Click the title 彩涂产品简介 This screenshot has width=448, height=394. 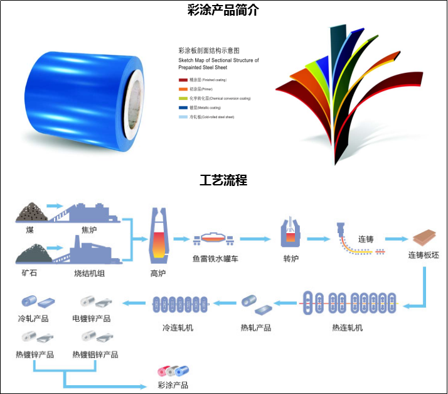(x=223, y=10)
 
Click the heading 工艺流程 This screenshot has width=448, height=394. (x=223, y=180)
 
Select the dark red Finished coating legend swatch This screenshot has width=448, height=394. (x=183, y=80)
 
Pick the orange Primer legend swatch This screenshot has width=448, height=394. (x=183, y=90)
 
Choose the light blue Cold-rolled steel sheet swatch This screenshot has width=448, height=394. (x=183, y=117)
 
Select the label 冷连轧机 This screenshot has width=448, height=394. (x=178, y=327)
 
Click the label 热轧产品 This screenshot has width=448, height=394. (x=255, y=327)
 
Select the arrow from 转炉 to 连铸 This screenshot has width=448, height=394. (x=319, y=239)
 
